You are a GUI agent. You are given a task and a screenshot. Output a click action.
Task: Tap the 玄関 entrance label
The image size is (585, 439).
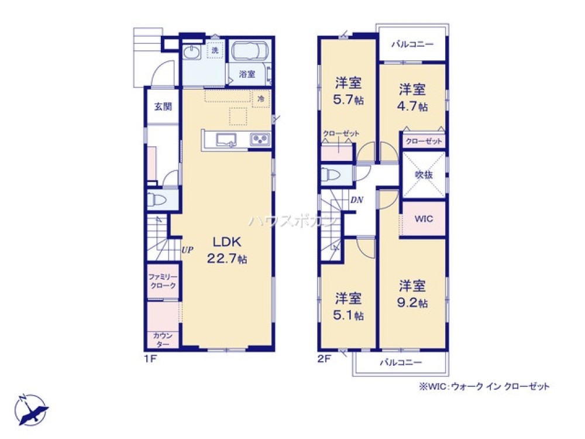tap(163, 107)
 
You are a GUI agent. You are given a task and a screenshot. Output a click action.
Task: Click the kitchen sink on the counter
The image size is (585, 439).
tap(226, 140)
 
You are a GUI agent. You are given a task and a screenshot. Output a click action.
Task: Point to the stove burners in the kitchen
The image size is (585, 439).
tap(259, 140)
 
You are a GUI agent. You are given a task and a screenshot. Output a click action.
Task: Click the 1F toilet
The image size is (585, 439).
tap(156, 200)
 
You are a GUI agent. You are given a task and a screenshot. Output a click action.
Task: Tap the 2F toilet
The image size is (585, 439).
tap(330, 174)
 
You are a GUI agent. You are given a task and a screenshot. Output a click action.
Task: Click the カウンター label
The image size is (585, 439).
tap(162, 339)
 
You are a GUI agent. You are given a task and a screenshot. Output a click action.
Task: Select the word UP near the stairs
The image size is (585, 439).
tap(187, 250)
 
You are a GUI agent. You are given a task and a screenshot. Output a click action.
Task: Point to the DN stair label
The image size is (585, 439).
tap(357, 200)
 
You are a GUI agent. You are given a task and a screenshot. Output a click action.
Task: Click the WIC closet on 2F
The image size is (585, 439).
tap(424, 218)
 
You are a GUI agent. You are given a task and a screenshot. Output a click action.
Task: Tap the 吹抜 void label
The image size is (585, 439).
tap(424, 174)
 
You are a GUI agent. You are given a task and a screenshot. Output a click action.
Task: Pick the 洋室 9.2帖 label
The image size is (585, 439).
tap(413, 294)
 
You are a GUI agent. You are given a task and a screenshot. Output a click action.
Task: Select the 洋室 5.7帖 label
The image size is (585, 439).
tap(348, 91)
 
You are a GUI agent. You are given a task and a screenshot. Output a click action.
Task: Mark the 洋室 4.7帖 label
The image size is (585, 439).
tap(413, 98)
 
